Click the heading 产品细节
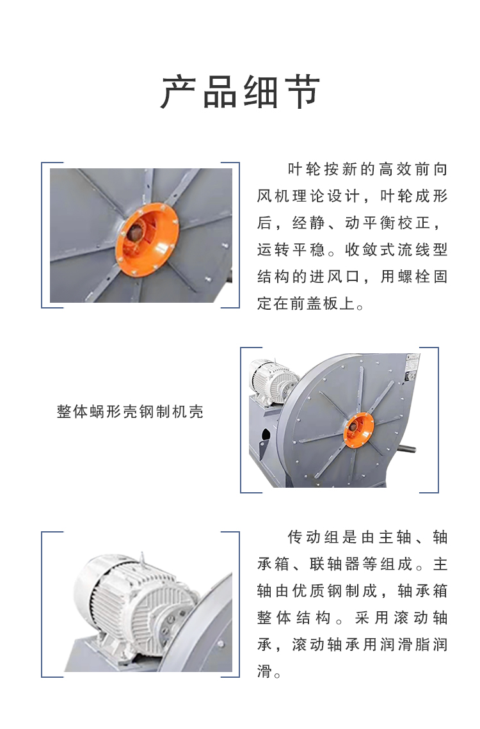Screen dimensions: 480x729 pyautogui.click(x=240, y=92)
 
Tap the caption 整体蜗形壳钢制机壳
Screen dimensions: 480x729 pyautogui.click(x=130, y=412)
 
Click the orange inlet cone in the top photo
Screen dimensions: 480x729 pyautogui.click(x=147, y=239)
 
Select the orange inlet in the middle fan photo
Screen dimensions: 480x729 pyautogui.click(x=358, y=430)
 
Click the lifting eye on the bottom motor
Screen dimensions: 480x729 pyautogui.click(x=142, y=559)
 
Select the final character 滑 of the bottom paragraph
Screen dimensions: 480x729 pyautogui.click(x=264, y=671)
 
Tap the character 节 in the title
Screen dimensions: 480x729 pyautogui.click(x=303, y=92)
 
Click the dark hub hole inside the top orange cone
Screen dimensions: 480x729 pyautogui.click(x=136, y=231)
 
